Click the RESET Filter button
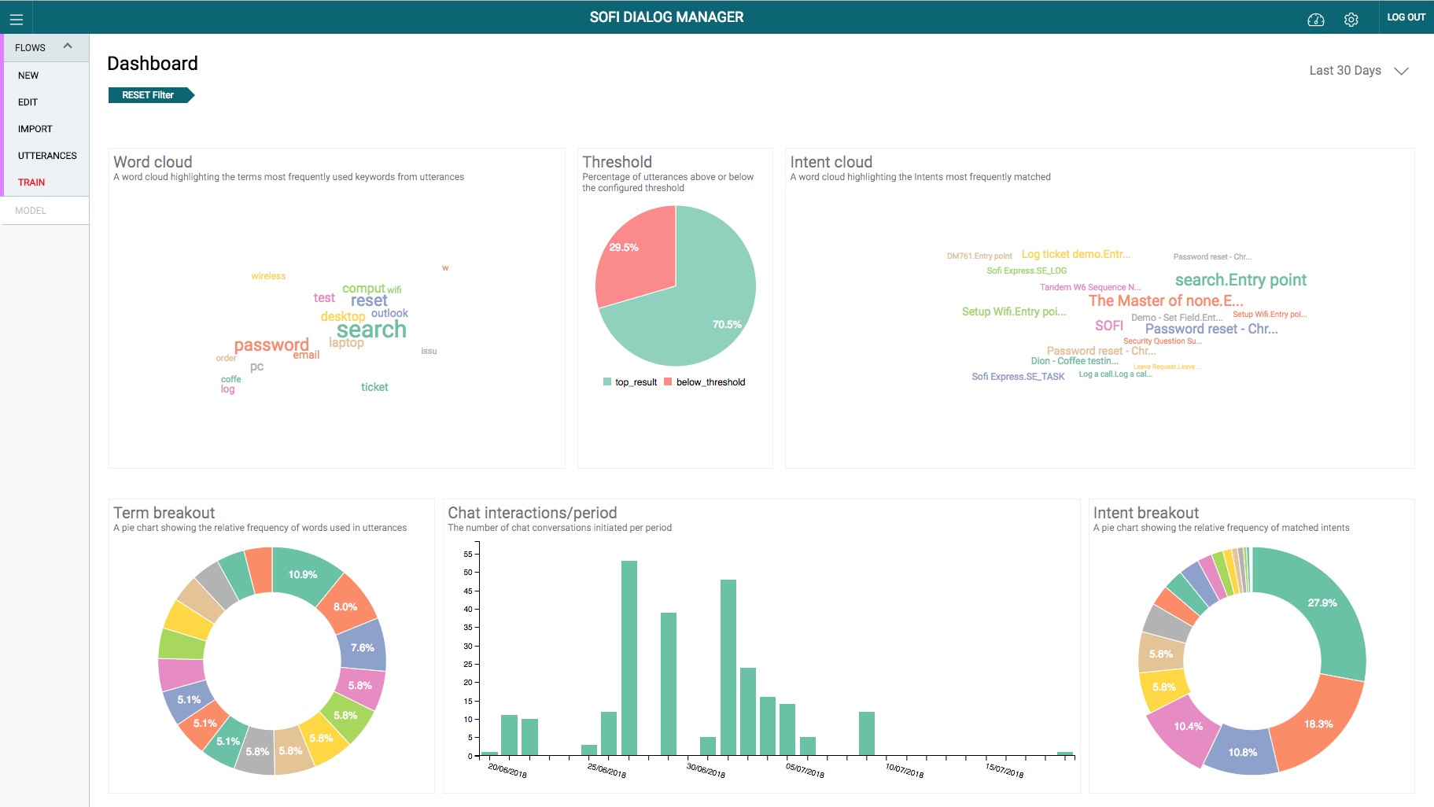pos(149,95)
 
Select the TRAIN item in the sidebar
pos(31,182)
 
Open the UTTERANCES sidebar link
pos(47,156)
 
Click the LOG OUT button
pos(1406,17)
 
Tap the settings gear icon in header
pos(1351,20)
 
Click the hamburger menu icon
pos(17,20)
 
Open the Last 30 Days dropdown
pos(1358,71)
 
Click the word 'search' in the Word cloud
pos(371,330)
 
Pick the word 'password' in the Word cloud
pos(271,345)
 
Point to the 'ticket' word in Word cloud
pos(374,387)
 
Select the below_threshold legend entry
pos(705,382)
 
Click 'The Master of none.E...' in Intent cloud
pos(1165,300)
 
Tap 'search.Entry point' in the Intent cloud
pos(1240,280)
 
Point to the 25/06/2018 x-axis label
pos(606,770)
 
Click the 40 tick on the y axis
pos(468,610)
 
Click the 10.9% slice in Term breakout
pos(303,575)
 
